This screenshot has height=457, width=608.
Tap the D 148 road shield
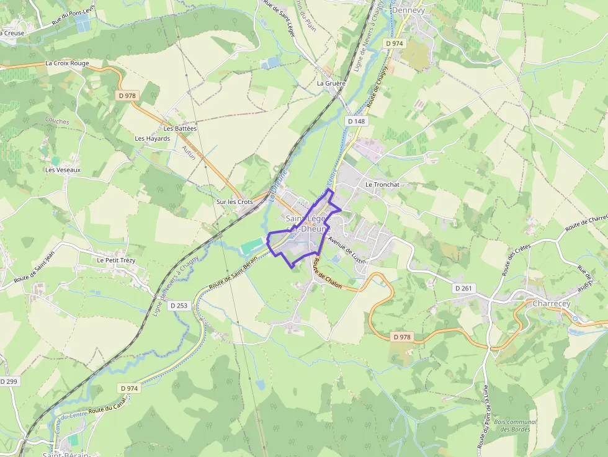tap(357, 122)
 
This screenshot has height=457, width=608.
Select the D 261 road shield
tap(463, 288)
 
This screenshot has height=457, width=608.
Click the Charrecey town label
tap(551, 304)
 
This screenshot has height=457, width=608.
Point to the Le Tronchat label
tap(382, 185)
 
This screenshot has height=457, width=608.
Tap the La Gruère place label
tap(330, 83)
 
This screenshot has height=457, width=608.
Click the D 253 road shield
tap(179, 306)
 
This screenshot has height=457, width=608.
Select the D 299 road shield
tap(9, 381)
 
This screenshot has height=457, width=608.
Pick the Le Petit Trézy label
tap(116, 260)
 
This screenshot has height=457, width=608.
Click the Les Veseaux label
tap(63, 169)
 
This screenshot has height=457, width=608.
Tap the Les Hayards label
tap(152, 138)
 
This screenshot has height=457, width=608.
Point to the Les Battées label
tap(180, 128)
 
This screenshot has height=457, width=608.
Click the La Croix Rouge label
tap(67, 63)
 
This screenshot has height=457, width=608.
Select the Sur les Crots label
tap(235, 202)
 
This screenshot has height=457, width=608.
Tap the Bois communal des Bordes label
tap(514, 425)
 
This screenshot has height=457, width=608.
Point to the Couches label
tap(57, 122)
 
